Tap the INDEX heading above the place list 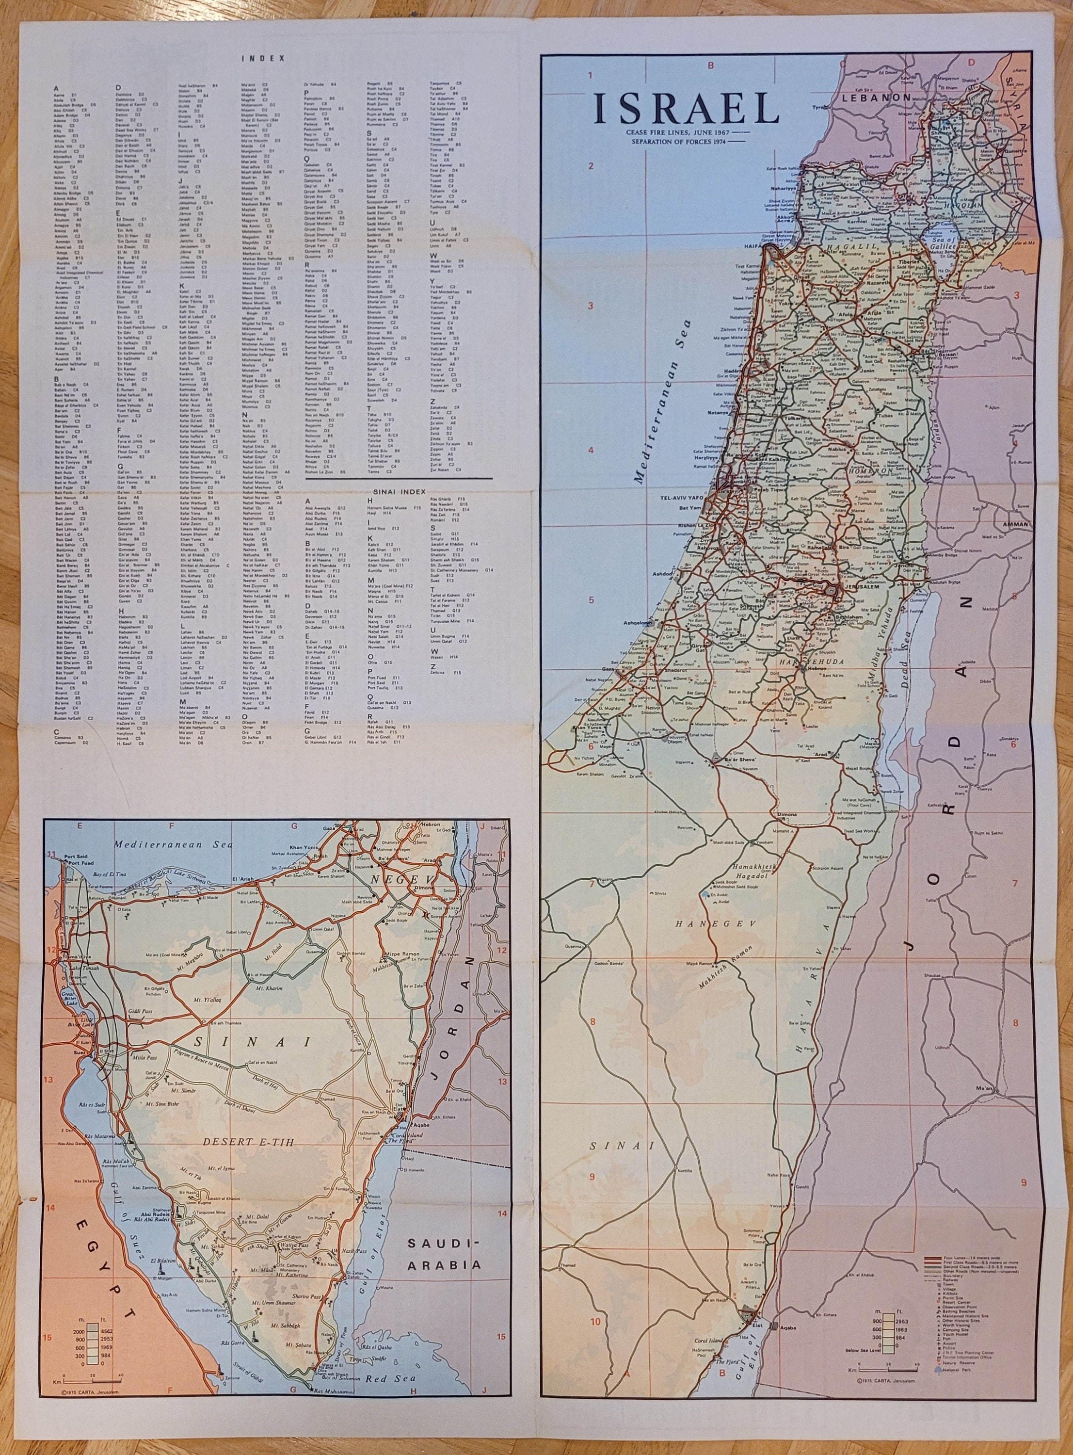pos(263,58)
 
